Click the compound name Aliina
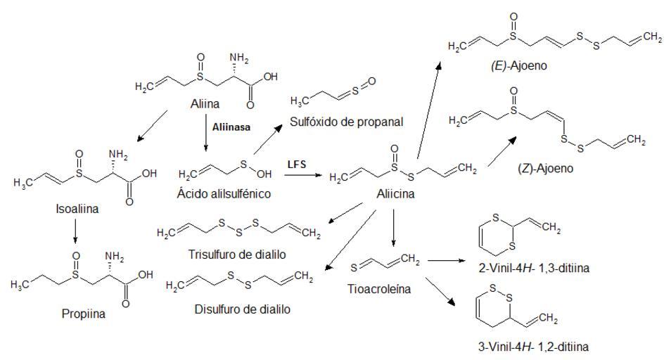click(205, 103)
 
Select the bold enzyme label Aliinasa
click(231, 127)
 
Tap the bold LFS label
click(297, 164)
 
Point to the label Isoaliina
click(77, 209)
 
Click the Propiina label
click(84, 314)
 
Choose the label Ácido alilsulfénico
click(224, 193)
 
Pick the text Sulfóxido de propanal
click(347, 122)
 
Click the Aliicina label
click(395, 193)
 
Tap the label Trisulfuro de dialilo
click(237, 255)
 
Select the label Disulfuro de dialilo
click(242, 309)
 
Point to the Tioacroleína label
click(379, 289)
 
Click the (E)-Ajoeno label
click(519, 66)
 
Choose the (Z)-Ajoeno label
click(545, 168)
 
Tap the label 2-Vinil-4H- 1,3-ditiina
click(534, 268)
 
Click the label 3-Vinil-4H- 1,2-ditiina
click(533, 346)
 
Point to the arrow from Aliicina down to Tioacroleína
click(394, 229)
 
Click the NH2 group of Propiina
click(114, 257)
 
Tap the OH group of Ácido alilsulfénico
click(264, 174)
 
